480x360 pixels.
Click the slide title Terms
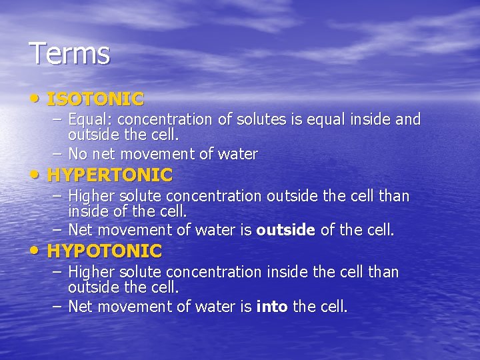point(69,54)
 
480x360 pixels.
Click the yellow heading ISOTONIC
point(95,100)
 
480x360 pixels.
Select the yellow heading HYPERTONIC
point(110,176)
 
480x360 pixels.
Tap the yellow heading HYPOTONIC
point(105,251)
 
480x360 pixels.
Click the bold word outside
point(285,231)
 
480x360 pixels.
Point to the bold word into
point(272,307)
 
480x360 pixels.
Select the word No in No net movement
point(77,155)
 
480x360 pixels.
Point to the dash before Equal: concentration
point(57,120)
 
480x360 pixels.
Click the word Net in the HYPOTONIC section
point(80,307)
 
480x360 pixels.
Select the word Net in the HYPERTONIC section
point(80,231)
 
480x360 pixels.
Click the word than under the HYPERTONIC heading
point(393,197)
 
